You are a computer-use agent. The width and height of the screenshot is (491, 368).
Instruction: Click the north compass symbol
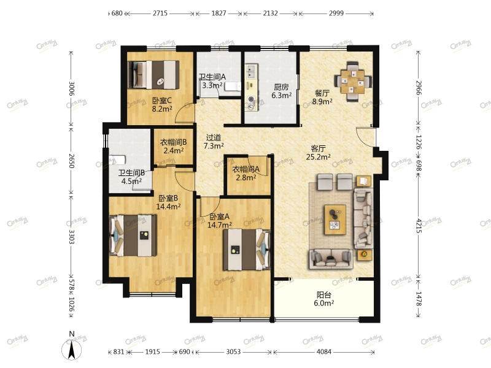[x=72, y=349]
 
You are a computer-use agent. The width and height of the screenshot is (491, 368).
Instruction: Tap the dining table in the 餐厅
[x=352, y=82]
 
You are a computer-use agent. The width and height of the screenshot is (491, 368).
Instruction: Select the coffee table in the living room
[x=335, y=220]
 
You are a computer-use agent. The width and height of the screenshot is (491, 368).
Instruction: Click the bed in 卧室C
[x=153, y=74]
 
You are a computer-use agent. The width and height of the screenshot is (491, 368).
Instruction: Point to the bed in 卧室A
[x=247, y=250]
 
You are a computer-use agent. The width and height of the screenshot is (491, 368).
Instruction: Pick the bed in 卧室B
[x=133, y=236]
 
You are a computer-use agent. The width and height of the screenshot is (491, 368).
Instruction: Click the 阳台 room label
[x=324, y=295]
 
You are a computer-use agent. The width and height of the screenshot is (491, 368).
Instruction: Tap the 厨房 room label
[x=281, y=87]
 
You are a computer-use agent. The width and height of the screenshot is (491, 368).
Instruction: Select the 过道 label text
[x=214, y=137]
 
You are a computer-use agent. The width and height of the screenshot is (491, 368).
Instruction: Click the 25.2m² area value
[x=318, y=156]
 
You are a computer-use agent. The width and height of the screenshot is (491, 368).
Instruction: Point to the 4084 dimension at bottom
[x=324, y=351]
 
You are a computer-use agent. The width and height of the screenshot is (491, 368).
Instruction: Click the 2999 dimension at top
[x=336, y=13]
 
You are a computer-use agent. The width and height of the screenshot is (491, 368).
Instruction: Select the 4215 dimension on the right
[x=419, y=226]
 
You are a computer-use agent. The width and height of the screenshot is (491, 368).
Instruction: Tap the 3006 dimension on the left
[x=72, y=88]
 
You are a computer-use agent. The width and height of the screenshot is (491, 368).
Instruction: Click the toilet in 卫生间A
[x=233, y=86]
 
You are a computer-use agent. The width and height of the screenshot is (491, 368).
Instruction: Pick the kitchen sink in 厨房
[x=252, y=71]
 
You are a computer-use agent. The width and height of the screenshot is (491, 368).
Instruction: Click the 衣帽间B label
[x=174, y=142]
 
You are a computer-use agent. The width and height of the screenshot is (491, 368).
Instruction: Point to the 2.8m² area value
[x=246, y=178]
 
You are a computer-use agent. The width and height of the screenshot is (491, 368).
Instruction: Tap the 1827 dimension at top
[x=218, y=13]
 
